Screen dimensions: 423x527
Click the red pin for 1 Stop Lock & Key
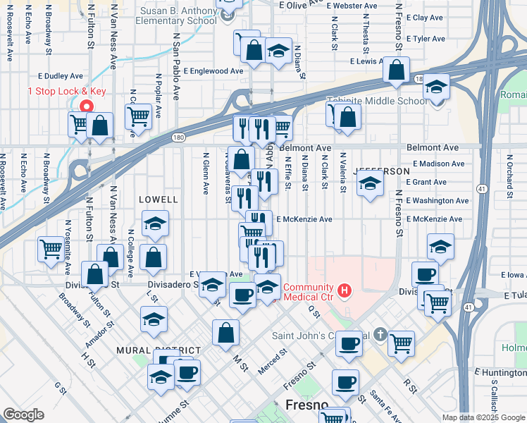click(86, 106)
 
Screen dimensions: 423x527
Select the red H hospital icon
click(345, 289)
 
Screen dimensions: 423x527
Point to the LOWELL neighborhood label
click(159, 200)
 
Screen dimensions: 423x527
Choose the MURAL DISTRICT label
click(160, 350)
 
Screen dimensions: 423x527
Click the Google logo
click(23, 415)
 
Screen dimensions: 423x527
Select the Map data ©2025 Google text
click(483, 417)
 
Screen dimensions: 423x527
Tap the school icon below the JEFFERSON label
click(370, 185)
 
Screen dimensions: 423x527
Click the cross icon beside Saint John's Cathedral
click(380, 335)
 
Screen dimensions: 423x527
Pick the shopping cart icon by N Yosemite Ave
click(51, 250)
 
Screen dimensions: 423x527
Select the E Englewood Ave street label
click(213, 71)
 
